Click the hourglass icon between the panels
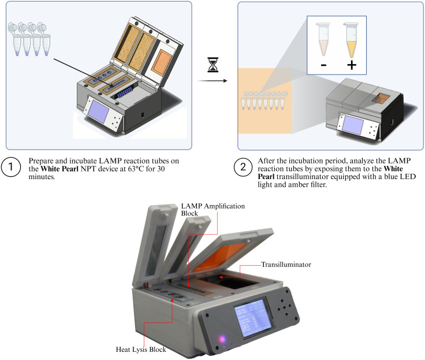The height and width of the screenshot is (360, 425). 212,65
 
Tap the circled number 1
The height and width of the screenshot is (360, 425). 11,167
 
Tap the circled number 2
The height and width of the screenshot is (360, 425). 243,167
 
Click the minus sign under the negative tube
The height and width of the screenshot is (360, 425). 323,65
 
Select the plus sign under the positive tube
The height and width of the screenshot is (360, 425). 352,65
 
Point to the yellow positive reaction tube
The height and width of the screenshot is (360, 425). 351,40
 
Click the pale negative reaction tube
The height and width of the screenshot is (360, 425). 323,39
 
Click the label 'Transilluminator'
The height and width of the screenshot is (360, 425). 286,265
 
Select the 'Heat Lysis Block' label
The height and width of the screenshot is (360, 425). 141,350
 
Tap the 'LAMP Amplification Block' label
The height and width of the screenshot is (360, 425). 212,210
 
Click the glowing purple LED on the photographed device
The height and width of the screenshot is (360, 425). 222,339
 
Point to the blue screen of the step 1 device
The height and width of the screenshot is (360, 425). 99,112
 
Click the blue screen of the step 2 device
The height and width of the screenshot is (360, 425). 353,124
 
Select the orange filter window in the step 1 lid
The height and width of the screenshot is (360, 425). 162,63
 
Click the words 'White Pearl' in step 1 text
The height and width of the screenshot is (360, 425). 59,169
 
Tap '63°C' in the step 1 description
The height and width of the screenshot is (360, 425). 136,169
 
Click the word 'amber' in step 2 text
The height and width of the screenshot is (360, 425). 285,185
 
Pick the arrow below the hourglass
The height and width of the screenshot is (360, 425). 212,81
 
